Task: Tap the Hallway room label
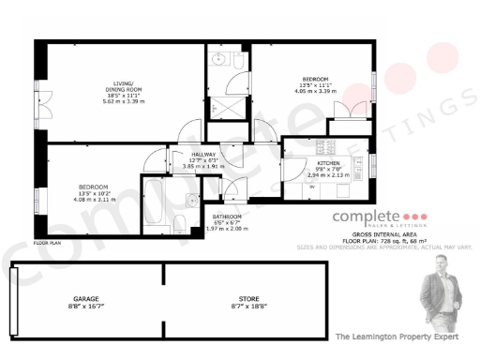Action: pos(203,155)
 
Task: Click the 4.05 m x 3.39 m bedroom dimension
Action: pos(314,92)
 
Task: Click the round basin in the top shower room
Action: pos(219,60)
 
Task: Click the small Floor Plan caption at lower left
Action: pos(47,242)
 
